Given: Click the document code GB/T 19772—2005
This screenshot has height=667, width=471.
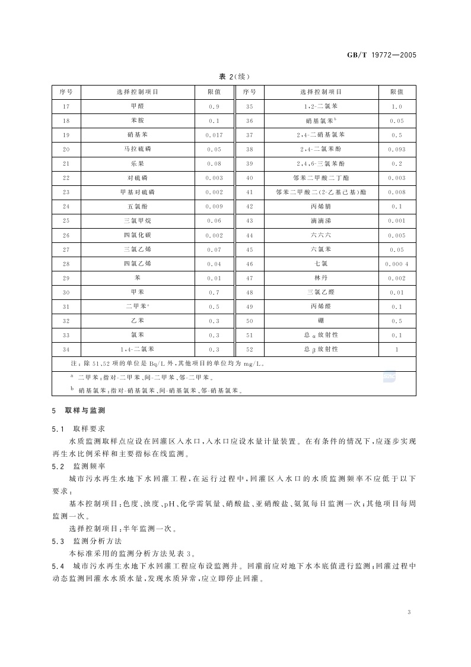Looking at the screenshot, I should (x=381, y=55).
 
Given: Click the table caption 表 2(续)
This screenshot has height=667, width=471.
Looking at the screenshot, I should (x=235, y=76).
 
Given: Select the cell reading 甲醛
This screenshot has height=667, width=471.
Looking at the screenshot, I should (x=137, y=106).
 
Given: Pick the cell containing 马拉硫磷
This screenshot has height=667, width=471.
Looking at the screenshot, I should (x=137, y=150).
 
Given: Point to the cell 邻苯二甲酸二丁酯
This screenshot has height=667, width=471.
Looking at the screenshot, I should (x=320, y=178).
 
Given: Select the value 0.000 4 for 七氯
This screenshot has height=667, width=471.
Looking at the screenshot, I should (x=396, y=264).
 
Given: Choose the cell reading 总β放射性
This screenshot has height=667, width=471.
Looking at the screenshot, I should (x=320, y=350).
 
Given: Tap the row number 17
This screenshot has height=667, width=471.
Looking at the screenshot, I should (x=66, y=106).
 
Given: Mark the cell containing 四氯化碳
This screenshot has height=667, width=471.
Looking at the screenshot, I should (x=137, y=235).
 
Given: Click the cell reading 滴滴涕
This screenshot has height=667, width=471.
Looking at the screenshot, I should (x=320, y=221).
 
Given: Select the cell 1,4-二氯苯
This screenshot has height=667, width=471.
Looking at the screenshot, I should (x=137, y=350).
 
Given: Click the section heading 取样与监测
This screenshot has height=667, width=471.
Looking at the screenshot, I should (x=85, y=410).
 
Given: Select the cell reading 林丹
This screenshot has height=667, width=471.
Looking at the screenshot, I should (x=320, y=278).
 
